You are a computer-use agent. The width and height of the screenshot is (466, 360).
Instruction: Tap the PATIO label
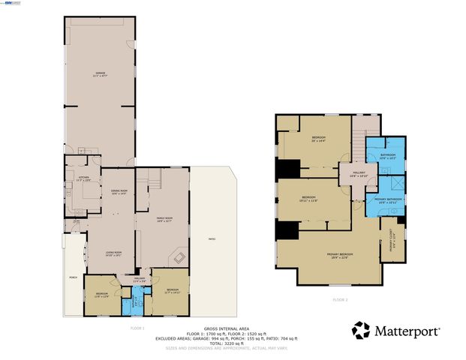[212, 239]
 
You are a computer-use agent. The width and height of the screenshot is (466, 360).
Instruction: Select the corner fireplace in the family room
[180, 257]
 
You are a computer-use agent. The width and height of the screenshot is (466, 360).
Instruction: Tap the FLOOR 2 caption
[340, 299]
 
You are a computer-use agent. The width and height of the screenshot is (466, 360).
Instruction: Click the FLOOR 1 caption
[137, 328]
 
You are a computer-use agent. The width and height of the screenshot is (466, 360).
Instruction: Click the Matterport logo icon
[361, 330]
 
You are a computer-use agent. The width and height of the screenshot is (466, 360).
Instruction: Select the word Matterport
[407, 330]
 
